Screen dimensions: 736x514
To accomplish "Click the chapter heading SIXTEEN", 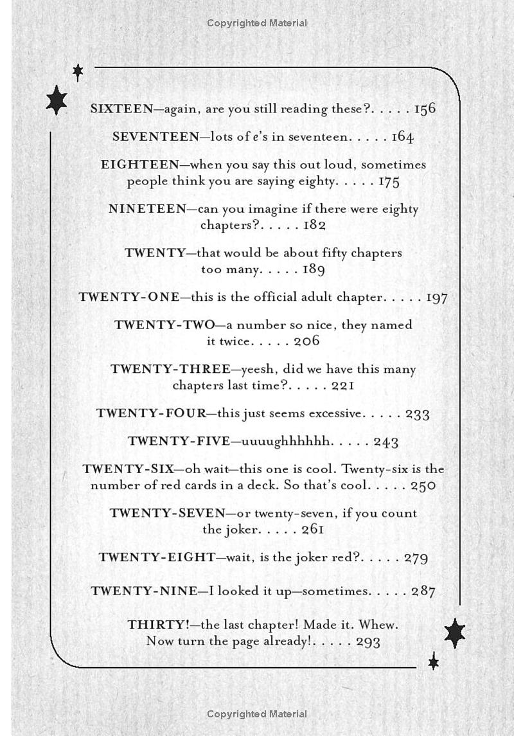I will (x=122, y=109).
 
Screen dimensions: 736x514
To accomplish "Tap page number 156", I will (x=425, y=109).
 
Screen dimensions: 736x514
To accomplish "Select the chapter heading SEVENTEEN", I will (x=156, y=137).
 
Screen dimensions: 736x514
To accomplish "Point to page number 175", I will (x=389, y=181).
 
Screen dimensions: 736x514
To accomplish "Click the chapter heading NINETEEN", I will (x=147, y=210).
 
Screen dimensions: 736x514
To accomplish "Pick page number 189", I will (x=314, y=269).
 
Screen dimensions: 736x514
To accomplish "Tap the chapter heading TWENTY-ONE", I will (x=128, y=298).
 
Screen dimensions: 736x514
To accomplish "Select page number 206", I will (x=306, y=341).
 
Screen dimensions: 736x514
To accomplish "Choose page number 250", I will (x=423, y=486).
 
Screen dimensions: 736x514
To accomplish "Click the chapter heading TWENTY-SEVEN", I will (x=167, y=514).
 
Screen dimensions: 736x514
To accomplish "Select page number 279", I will (x=416, y=558).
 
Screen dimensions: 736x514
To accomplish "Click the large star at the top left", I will (x=57, y=100).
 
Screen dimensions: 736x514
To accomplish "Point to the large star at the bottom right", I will (x=454, y=633).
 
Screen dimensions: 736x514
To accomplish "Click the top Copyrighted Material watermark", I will (x=257, y=23).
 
